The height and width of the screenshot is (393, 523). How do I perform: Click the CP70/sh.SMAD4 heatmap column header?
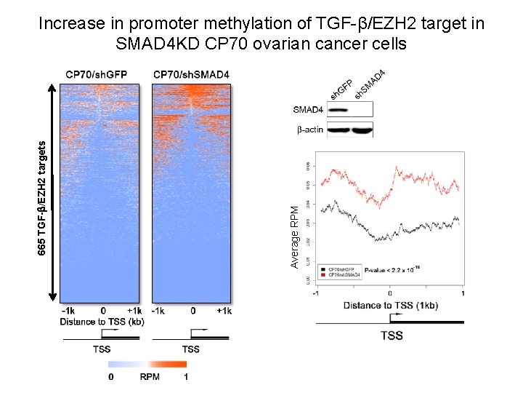[192, 74]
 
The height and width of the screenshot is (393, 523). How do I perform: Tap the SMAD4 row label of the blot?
[308, 110]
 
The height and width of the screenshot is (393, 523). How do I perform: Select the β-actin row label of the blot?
[309, 130]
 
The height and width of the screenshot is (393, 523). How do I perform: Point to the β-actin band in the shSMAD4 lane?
[362, 131]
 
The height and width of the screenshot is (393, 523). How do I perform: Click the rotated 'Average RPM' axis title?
[295, 236]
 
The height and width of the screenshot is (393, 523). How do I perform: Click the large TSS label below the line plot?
[392, 336]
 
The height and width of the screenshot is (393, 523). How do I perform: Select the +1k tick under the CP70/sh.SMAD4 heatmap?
[224, 311]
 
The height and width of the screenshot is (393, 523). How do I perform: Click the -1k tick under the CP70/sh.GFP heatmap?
[68, 311]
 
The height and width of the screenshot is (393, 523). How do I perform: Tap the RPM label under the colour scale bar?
[150, 377]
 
